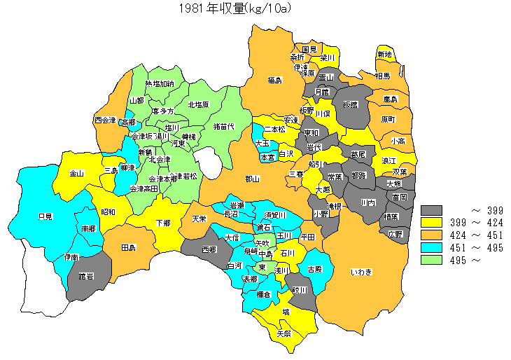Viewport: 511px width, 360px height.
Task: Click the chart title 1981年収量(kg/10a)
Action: click(x=234, y=8)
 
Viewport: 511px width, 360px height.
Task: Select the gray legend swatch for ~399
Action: click(x=433, y=210)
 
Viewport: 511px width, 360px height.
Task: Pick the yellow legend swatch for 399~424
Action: click(x=433, y=223)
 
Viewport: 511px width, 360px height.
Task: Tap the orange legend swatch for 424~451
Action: click(x=433, y=235)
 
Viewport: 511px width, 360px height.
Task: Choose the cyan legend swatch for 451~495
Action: click(x=433, y=248)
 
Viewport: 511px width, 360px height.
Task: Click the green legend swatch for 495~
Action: click(x=433, y=261)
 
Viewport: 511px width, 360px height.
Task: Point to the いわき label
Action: click(x=361, y=271)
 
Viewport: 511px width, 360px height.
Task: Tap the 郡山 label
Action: click(x=252, y=179)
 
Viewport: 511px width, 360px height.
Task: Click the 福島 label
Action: click(x=274, y=81)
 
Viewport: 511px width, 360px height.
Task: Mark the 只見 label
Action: click(x=45, y=216)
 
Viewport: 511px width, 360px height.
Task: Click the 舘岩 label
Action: click(x=86, y=277)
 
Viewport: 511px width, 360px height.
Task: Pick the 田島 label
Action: click(x=128, y=248)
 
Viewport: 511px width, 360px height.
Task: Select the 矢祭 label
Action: click(x=283, y=333)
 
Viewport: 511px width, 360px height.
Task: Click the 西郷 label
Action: click(x=209, y=249)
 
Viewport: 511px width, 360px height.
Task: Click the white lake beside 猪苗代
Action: click(x=207, y=160)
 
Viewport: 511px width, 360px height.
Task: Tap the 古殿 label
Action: click(x=314, y=269)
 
